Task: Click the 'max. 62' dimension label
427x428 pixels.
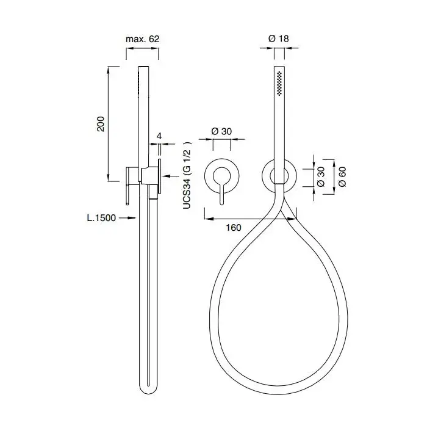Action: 142,39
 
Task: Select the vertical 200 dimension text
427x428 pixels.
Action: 101,124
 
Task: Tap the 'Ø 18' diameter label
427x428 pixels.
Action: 278,38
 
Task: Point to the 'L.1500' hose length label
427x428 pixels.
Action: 101,218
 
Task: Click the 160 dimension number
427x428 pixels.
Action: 234,227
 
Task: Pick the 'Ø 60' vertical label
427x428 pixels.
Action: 342,176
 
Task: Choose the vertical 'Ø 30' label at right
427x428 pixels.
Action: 321,176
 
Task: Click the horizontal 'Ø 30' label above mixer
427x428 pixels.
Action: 221,131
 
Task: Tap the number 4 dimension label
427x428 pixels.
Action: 159,136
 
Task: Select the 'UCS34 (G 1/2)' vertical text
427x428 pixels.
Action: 187,175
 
